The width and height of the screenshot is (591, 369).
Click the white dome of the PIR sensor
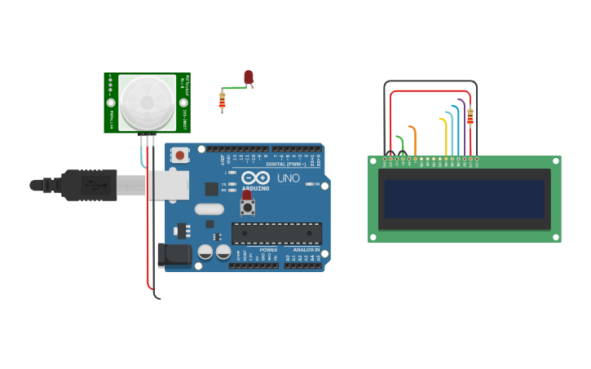pos(147,103)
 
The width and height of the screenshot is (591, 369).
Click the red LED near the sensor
pos(249,77)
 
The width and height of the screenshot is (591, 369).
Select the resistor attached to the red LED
pos(222,101)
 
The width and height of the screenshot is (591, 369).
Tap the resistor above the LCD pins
pos(470,117)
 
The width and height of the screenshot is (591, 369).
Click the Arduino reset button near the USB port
pos(180,153)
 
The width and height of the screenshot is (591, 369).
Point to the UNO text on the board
pos(289,178)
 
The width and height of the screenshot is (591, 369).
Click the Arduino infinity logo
pos(255,178)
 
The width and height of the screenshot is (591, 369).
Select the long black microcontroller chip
pos(276,234)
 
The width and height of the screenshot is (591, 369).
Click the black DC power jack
pos(174,255)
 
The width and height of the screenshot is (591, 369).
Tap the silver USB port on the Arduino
pos(168,185)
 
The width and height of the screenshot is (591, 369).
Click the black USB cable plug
pos(90,185)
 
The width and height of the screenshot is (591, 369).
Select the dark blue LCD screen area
pos(464,199)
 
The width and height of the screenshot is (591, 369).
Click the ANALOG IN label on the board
pos(306,249)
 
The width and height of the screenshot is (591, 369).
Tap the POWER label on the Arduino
pos(268,249)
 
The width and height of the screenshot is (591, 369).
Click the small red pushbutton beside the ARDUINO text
pos(247,196)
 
